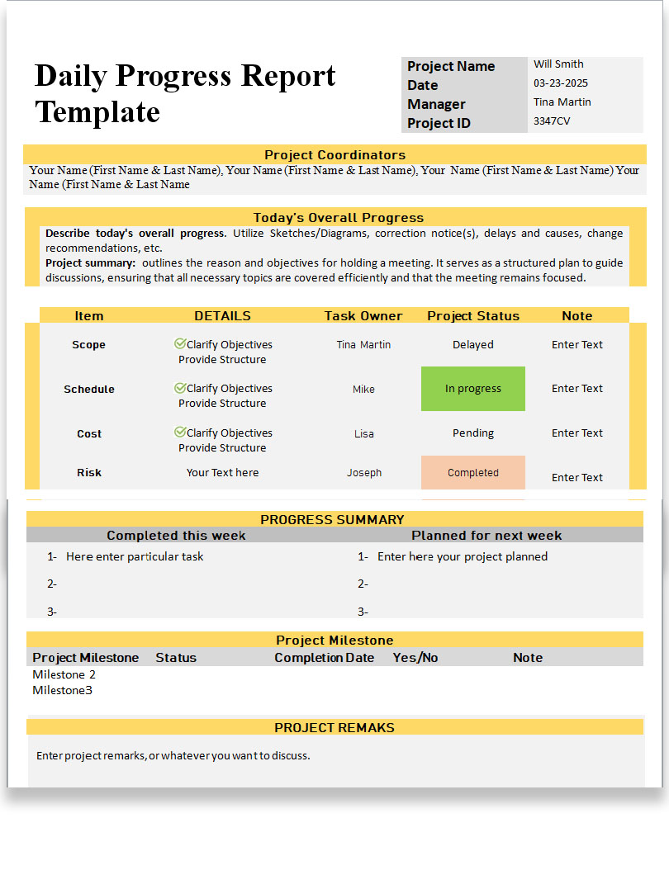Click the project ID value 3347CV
click(x=552, y=121)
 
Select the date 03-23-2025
click(x=561, y=83)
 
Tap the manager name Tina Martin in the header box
click(x=562, y=102)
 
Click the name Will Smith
click(x=558, y=64)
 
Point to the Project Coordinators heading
click(x=334, y=155)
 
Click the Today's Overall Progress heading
click(x=338, y=218)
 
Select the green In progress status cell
click(x=473, y=389)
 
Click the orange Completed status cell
click(x=473, y=473)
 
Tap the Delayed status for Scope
click(x=473, y=345)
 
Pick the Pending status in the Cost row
click(x=473, y=433)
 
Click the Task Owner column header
click(x=363, y=316)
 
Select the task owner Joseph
click(x=364, y=473)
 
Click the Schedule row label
click(x=89, y=390)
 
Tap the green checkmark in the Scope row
click(x=180, y=343)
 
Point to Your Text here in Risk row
click(x=222, y=473)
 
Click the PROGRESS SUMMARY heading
click(x=332, y=520)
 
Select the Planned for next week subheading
click(x=486, y=536)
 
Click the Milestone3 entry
click(x=63, y=691)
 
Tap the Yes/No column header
click(x=415, y=658)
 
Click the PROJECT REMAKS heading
click(x=334, y=728)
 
